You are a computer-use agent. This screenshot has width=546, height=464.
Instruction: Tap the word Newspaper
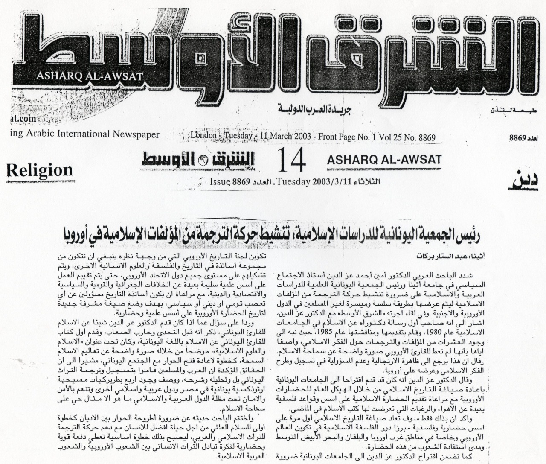[x=136, y=134]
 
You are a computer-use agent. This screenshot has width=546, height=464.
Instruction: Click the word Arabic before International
[x=36, y=134]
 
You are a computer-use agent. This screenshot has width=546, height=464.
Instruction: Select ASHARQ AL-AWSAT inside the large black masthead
[x=90, y=77]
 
